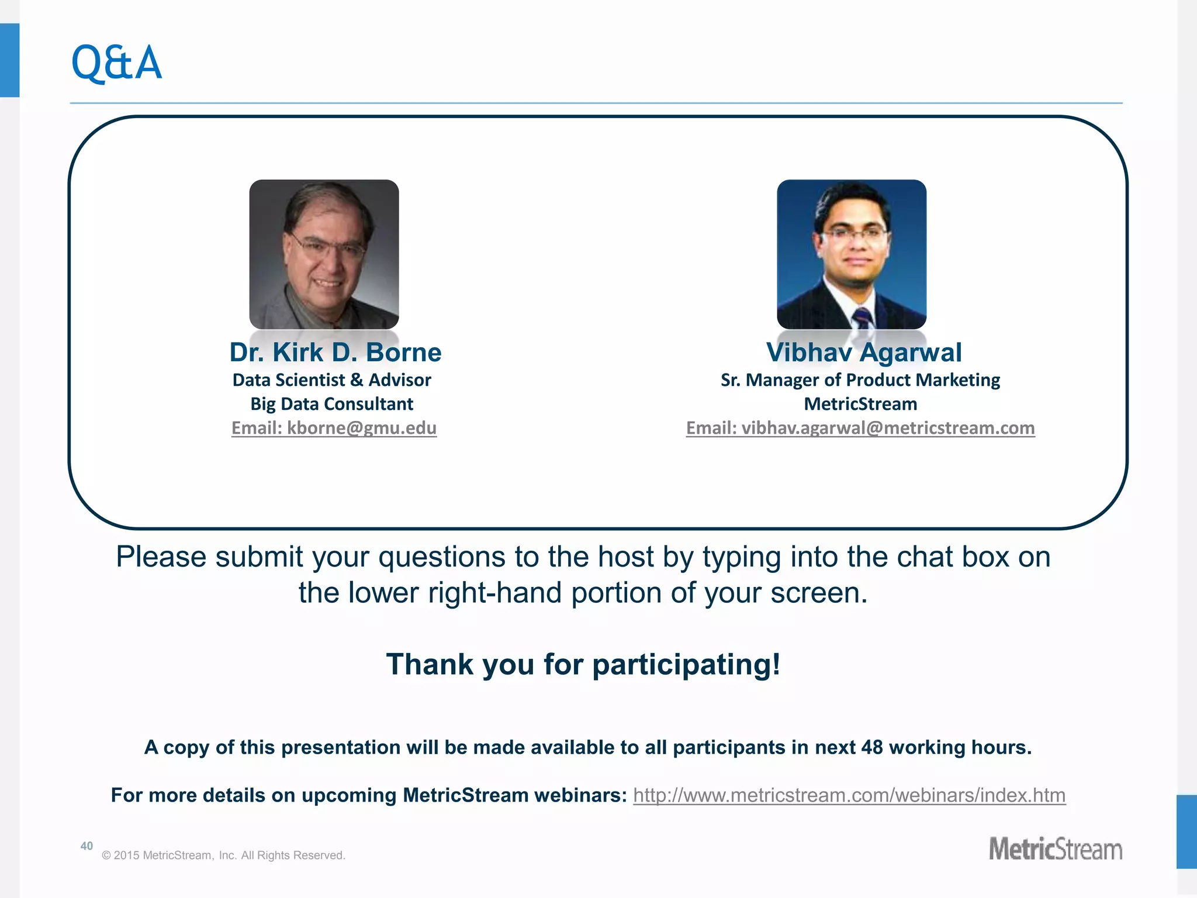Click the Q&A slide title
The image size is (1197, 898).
(116, 63)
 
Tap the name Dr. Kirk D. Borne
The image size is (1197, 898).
(335, 353)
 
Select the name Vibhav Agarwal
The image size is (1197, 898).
(864, 353)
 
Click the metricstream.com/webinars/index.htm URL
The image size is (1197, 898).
(849, 795)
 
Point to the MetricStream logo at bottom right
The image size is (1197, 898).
(1056, 849)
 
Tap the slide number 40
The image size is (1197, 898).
(87, 846)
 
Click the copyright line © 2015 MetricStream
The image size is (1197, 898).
(224, 855)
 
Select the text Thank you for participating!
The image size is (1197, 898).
(583, 664)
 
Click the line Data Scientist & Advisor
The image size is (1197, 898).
(332, 380)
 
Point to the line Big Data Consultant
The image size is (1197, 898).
(332, 404)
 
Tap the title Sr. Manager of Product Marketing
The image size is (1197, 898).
(860, 380)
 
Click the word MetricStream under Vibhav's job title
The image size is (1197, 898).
(860, 404)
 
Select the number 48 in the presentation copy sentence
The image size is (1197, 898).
(872, 747)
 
